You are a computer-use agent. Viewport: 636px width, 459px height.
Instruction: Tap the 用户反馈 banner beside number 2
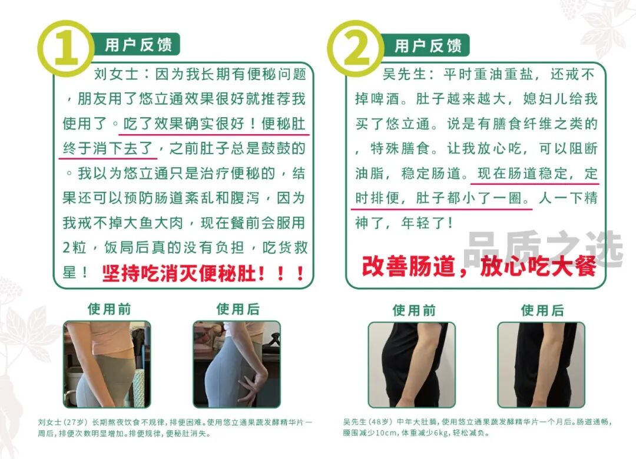428,45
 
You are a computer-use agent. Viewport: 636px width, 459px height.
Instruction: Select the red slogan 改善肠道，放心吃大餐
478,267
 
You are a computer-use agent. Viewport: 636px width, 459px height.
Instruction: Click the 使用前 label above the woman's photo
109,308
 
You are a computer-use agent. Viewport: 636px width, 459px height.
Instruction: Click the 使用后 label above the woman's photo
237,308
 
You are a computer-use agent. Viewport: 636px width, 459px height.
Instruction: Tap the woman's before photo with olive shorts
107,364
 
